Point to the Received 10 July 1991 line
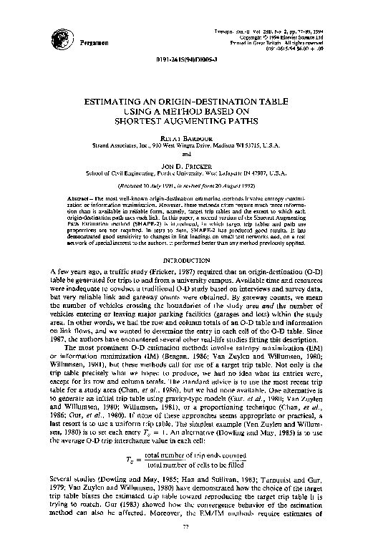[190, 184]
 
